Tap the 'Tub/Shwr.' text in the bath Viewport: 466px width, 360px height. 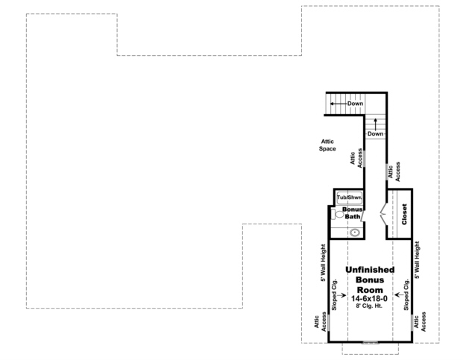[348, 198]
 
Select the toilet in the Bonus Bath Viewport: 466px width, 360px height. [340, 215]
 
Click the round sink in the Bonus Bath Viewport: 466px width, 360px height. [355, 232]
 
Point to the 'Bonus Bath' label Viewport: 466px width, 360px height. [353, 213]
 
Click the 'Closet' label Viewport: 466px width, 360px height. [404, 214]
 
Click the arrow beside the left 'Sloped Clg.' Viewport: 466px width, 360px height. [342, 296]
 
